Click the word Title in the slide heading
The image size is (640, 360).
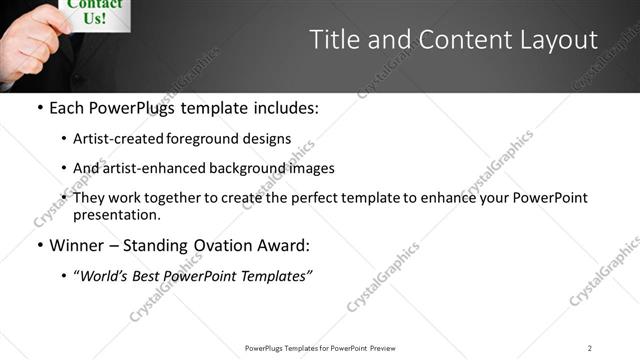coord(335,40)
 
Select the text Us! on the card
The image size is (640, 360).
coord(95,19)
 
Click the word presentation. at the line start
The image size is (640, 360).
coord(117,214)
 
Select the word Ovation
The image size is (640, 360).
coord(240,245)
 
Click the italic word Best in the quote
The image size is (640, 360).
coord(144,277)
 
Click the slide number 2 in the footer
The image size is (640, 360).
coord(589,348)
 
